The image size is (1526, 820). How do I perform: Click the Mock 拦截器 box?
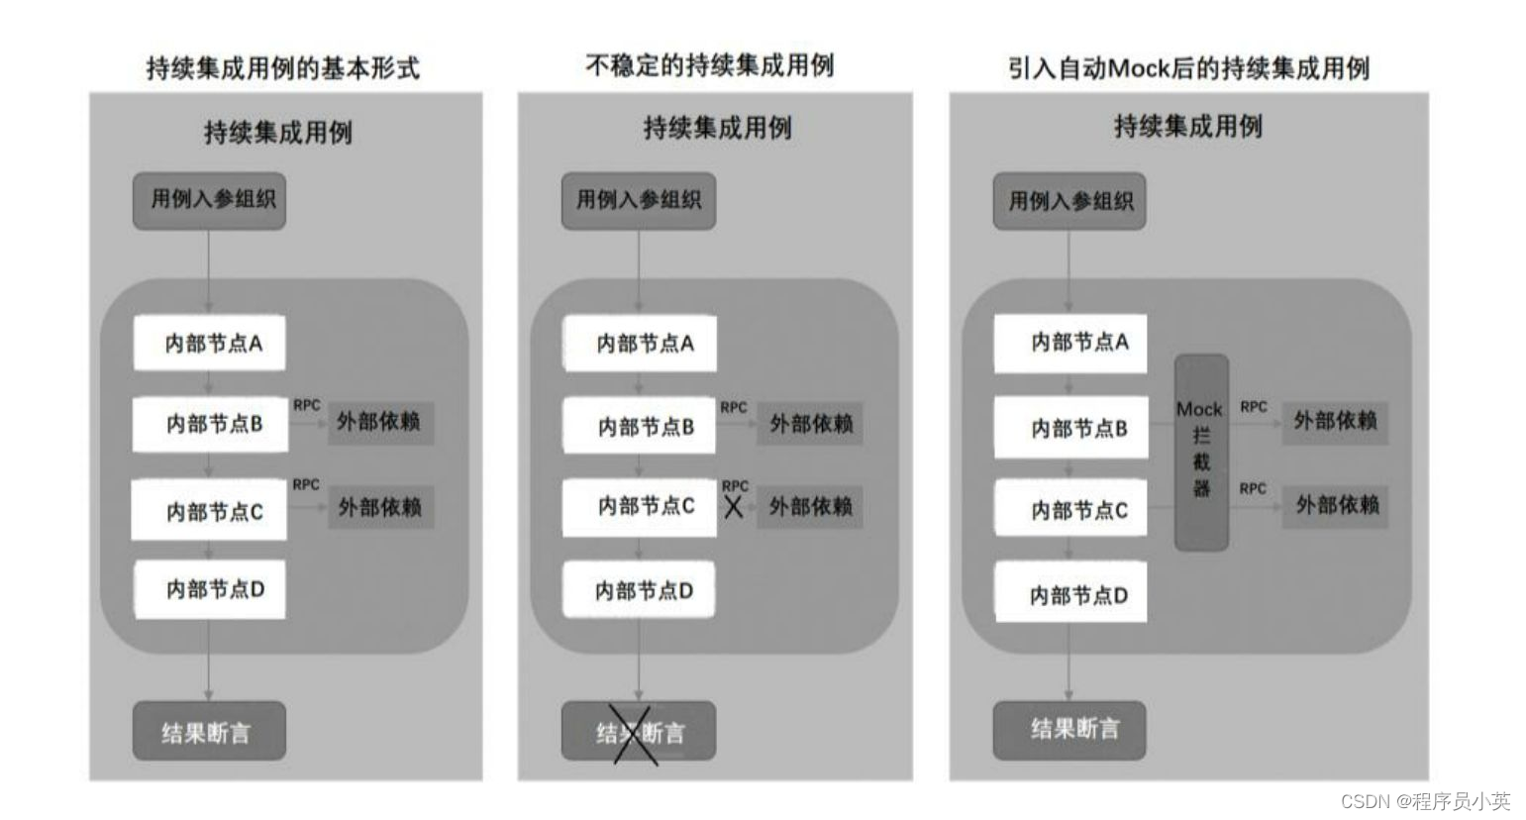tap(1201, 452)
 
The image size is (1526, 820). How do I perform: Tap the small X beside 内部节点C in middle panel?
tap(734, 507)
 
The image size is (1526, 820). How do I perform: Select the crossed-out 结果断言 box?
tap(638, 732)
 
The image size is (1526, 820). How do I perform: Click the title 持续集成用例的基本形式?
tap(283, 68)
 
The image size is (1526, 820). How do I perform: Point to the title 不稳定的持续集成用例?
tap(710, 65)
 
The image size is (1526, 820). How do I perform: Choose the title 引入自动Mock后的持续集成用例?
tap(1188, 68)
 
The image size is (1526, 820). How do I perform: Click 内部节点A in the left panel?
tap(210, 344)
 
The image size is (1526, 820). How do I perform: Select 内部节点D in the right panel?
tap(1070, 593)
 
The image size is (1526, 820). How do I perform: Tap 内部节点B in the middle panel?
tap(640, 426)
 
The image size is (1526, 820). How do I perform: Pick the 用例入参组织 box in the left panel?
tap(209, 200)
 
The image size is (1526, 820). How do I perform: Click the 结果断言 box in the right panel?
tap(1069, 730)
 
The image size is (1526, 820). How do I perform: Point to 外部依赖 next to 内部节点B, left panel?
tap(379, 422)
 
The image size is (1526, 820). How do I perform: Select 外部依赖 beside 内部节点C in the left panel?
tap(380, 507)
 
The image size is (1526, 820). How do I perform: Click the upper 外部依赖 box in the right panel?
tap(1335, 421)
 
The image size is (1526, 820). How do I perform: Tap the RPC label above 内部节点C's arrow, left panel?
tap(306, 484)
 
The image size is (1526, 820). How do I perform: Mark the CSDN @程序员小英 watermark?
tap(1425, 800)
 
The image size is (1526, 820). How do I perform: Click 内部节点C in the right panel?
tap(1070, 510)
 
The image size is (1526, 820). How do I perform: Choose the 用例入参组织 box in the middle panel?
tap(638, 200)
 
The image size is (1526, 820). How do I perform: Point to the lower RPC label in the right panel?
tap(1253, 488)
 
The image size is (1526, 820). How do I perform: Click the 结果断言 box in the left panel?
tap(209, 732)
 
